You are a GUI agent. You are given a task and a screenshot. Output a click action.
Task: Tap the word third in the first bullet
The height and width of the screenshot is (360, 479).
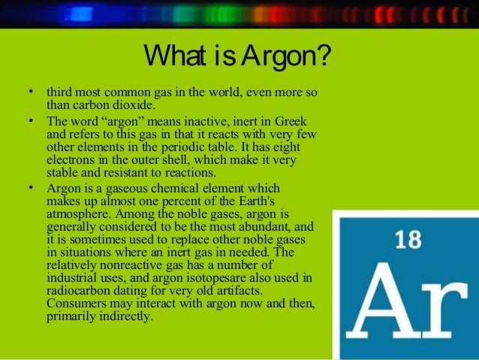click(x=60, y=92)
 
